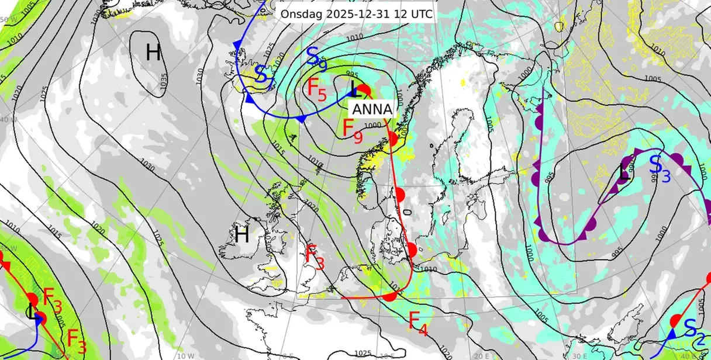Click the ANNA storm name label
372,109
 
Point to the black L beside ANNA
354,90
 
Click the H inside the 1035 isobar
153,53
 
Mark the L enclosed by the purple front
624,172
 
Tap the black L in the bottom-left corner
30,311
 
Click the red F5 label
317,89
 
